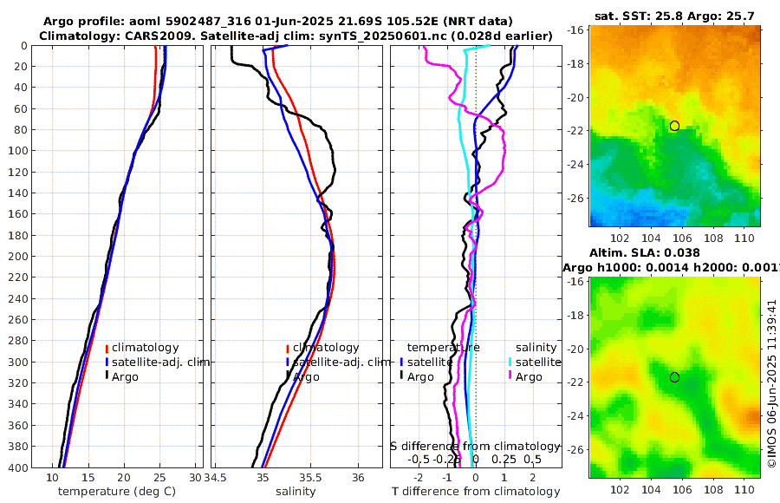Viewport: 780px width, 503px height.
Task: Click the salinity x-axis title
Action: pyautogui.click(x=295, y=492)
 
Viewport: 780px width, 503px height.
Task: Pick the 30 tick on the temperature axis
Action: pyautogui.click(x=195, y=478)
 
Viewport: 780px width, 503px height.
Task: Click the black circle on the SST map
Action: pyautogui.click(x=674, y=126)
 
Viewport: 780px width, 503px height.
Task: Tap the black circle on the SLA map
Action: pyautogui.click(x=674, y=377)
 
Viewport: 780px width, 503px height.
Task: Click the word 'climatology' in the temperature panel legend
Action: pyautogui.click(x=145, y=348)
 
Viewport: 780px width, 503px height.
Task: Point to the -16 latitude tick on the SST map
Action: pyautogui.click(x=575, y=30)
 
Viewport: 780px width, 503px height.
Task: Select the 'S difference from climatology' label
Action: pyautogui.click(x=474, y=446)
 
